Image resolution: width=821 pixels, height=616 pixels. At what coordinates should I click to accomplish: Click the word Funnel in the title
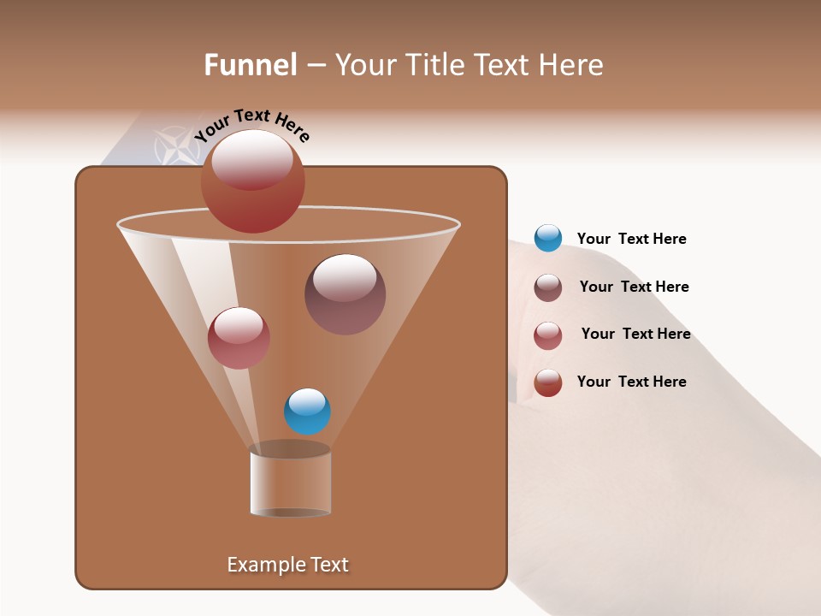pos(250,65)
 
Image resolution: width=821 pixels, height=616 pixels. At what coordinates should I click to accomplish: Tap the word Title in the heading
pos(434,65)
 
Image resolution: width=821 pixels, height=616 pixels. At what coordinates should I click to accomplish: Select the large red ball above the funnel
pos(252,181)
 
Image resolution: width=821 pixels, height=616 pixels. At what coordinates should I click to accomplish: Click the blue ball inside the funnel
pos(307,412)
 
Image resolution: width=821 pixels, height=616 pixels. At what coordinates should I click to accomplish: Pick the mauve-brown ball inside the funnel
pos(345,294)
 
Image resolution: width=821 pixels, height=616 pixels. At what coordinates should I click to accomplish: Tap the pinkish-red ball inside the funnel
pos(239,338)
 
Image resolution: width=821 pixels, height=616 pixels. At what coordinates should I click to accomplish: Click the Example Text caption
pos(287,565)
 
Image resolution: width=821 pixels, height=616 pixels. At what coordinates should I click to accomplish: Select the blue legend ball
pos(547,239)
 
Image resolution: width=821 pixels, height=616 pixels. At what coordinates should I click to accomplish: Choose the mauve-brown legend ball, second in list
pos(547,287)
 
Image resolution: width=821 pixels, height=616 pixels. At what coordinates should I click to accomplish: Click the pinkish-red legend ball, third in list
pos(547,335)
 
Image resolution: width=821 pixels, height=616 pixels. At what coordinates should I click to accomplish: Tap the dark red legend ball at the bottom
pos(547,382)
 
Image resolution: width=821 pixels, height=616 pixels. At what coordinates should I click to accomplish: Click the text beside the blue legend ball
pos(631,240)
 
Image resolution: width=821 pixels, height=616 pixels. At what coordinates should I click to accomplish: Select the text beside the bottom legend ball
pos(631,382)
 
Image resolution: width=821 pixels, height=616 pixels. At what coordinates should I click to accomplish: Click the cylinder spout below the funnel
pos(290,481)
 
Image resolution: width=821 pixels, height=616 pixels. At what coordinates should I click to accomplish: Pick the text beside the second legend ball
pos(634,287)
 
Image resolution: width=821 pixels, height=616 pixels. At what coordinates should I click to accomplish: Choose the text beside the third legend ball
pos(635,334)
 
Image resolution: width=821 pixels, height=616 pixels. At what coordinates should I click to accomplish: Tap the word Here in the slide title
pos(570,65)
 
